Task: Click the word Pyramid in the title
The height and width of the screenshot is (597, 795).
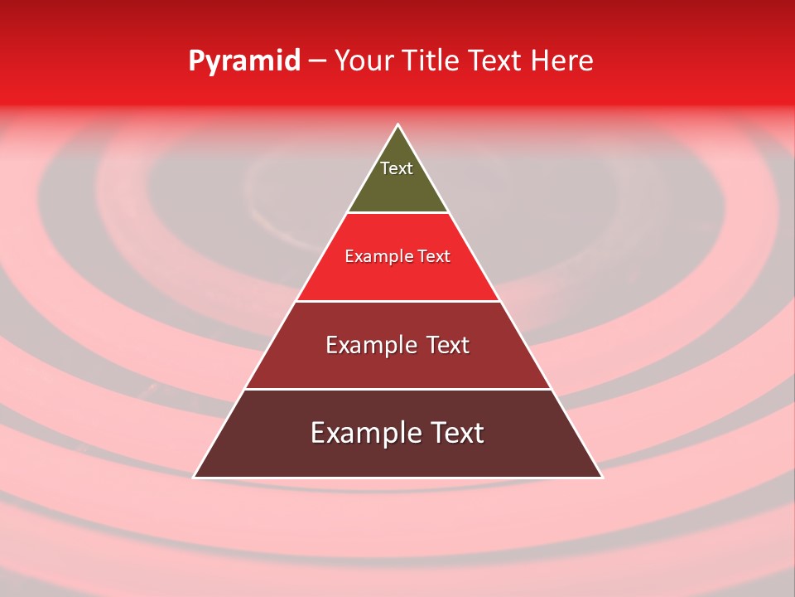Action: pyautogui.click(x=244, y=61)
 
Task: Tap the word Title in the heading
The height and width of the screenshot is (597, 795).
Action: pyautogui.click(x=435, y=61)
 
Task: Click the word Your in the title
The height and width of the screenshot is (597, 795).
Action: pyautogui.click(x=363, y=61)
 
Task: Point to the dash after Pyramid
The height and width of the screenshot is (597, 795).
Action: pyautogui.click(x=317, y=61)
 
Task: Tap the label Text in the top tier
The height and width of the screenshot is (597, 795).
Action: pyautogui.click(x=397, y=168)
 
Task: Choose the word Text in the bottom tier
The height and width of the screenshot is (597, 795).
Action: pyautogui.click(x=456, y=433)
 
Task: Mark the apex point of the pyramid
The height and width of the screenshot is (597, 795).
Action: pyautogui.click(x=397, y=125)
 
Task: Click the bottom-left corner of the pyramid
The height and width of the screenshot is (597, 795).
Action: pyautogui.click(x=195, y=477)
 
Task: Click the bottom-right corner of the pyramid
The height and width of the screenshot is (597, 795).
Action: pyautogui.click(x=601, y=477)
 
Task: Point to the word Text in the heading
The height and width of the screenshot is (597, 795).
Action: pyautogui.click(x=494, y=61)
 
